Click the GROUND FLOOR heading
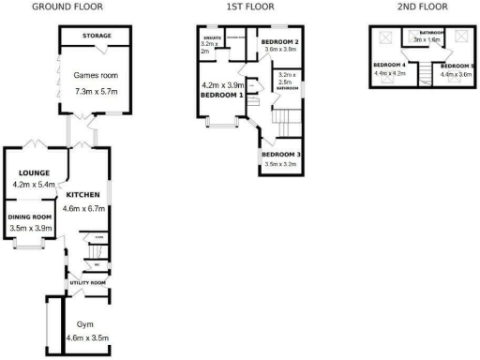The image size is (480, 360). tap(67, 7)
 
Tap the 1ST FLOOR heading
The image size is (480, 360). tap(250, 7)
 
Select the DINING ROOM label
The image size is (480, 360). tap(31, 217)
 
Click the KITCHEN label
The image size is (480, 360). tap(82, 195)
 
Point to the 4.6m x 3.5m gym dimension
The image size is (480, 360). tap(87, 337)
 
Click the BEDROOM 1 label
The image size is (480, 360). tap(221, 95)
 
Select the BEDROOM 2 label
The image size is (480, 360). tap(279, 43)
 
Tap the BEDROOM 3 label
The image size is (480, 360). tap(281, 154)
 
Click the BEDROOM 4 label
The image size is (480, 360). tap(389, 65)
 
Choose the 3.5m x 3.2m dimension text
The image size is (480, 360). tap(281, 164)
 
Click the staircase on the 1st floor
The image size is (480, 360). tap(284, 119)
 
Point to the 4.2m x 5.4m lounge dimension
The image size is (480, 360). tap(37, 185)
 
